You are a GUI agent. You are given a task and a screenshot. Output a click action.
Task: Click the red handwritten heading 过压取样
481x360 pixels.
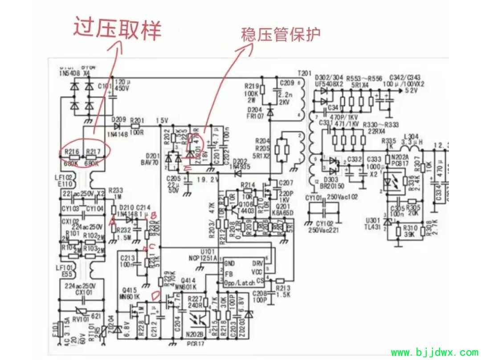click(x=117, y=29)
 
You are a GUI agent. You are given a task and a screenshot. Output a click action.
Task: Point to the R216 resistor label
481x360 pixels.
click(x=72, y=152)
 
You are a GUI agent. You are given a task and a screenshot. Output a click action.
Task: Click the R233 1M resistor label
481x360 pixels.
click(x=115, y=193)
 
